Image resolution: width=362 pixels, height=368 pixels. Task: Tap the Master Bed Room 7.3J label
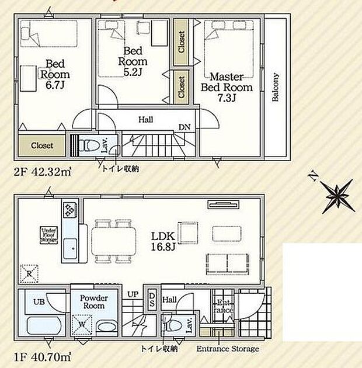(x=227, y=87)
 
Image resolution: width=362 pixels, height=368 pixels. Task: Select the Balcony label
(x=274, y=88)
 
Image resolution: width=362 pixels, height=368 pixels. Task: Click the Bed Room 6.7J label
(x=55, y=74)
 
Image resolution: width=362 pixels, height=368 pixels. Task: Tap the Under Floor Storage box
(x=48, y=235)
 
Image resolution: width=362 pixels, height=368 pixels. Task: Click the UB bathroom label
(x=39, y=302)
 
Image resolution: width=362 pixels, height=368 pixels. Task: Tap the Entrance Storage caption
(x=228, y=349)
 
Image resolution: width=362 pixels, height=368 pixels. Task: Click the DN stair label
(x=184, y=127)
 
